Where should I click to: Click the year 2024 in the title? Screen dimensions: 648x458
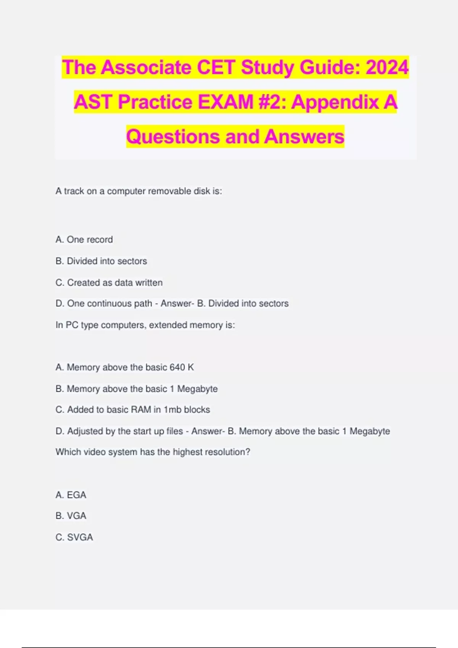(387, 67)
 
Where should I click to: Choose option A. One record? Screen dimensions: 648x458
(84, 240)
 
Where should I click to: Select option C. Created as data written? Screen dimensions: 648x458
(109, 282)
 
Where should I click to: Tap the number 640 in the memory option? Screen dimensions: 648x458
(177, 367)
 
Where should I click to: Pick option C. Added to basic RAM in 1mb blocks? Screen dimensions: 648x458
(133, 410)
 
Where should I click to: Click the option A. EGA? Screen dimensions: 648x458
(71, 495)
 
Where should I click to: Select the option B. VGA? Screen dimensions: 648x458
(71, 516)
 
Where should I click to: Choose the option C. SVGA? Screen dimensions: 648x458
(74, 537)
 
